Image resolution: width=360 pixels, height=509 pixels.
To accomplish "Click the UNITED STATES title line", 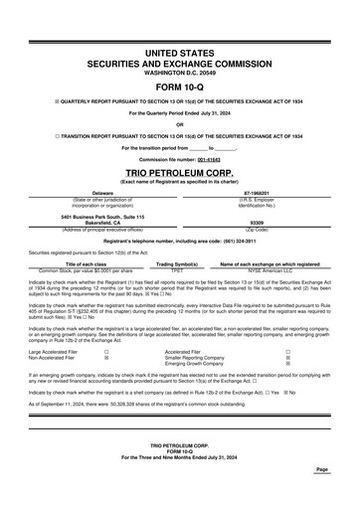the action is pos(179,50).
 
